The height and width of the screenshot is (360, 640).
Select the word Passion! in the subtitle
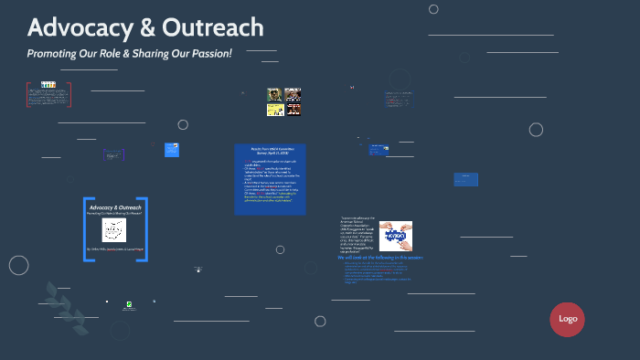point(210,54)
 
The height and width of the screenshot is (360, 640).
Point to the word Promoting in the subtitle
point(51,54)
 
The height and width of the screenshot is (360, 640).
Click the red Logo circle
point(567,319)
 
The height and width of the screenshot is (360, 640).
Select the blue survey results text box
point(270,179)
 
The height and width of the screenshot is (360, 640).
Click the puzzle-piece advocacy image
point(398,236)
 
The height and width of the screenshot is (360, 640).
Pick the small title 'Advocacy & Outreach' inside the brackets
point(114,207)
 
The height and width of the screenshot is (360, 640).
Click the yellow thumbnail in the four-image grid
point(273,110)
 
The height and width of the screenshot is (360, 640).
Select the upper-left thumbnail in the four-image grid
point(273,94)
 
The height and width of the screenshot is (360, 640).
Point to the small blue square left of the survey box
point(172,149)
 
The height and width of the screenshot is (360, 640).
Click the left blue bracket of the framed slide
point(86,229)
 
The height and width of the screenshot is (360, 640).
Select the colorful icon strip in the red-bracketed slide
point(48,85)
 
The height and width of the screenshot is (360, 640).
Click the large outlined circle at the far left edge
point(19,265)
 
